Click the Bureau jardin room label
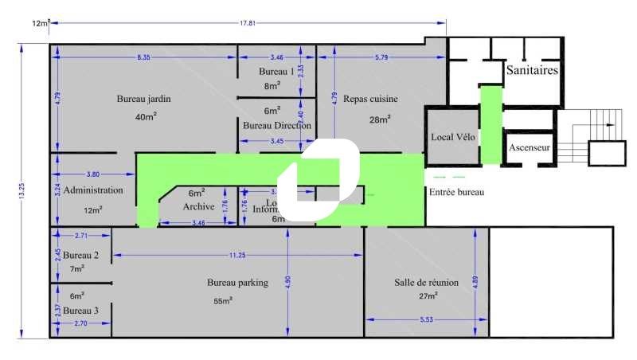pyautogui.click(x=144, y=100)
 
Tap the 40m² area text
pyautogui.click(x=145, y=116)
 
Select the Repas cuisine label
pyautogui.click(x=370, y=100)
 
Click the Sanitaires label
pyautogui.click(x=531, y=71)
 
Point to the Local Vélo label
pyautogui.click(x=453, y=137)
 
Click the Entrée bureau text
pyautogui.click(x=456, y=193)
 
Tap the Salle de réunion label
pyautogui.click(x=428, y=283)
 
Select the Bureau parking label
pyautogui.click(x=237, y=283)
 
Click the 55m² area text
pyautogui.click(x=222, y=301)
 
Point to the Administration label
pyautogui.click(x=93, y=191)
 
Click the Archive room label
pyautogui.click(x=199, y=206)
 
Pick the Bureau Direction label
pyautogui.click(x=276, y=126)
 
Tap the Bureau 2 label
pyautogui.click(x=81, y=256)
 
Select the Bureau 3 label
pyautogui.click(x=81, y=311)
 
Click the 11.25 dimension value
pyautogui.click(x=237, y=255)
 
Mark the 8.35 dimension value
pyautogui.click(x=143, y=57)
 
